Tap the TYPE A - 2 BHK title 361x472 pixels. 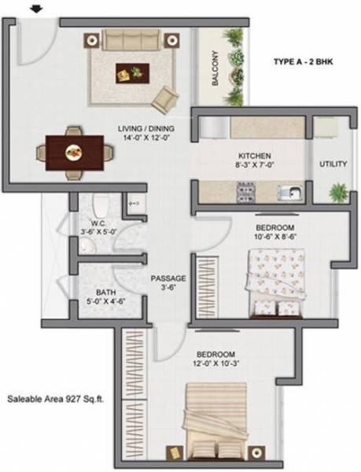pos(303,61)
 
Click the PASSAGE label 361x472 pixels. pos(170,278)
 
